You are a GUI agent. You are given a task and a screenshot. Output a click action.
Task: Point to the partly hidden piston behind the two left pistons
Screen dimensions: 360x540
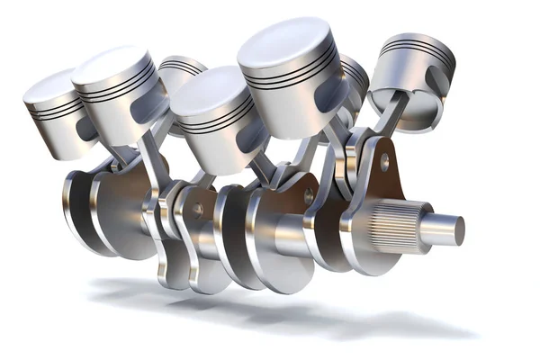pyautogui.click(x=181, y=72)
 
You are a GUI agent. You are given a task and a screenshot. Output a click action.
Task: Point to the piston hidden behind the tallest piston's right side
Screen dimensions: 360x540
pyautogui.click(x=354, y=76)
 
